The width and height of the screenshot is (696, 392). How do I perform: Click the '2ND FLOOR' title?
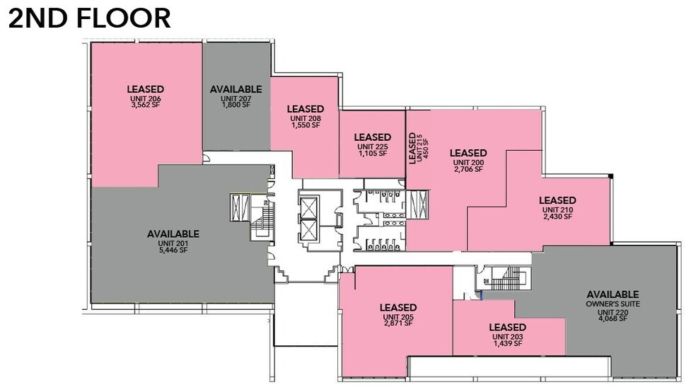(89, 18)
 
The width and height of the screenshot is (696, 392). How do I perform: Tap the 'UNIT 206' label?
(146, 98)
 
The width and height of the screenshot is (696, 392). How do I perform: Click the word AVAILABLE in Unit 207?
(236, 89)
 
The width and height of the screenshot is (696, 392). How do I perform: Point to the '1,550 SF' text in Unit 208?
(306, 125)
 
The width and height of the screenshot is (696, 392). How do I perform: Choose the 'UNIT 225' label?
(372, 146)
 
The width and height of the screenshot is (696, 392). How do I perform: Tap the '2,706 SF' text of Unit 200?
(468, 169)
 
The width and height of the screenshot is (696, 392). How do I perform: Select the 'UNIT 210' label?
(557, 209)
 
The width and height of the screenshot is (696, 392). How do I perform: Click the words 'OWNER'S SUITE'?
(613, 304)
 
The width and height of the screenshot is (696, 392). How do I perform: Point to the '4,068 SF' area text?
(613, 318)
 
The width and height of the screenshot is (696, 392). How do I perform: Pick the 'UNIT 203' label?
(507, 337)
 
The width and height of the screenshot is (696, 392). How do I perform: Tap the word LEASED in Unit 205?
(398, 307)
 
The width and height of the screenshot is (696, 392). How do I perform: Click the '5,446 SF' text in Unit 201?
(173, 250)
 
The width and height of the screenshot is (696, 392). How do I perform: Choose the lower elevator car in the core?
(310, 231)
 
